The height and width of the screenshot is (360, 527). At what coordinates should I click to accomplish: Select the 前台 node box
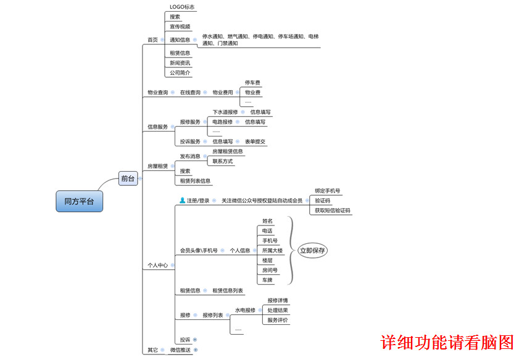pos(128,178)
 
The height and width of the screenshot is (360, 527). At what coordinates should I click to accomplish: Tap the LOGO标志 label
pos(182,7)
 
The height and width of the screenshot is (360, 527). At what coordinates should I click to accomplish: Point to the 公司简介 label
pos(180,73)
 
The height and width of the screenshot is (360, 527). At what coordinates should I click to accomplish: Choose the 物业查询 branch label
pos(157,93)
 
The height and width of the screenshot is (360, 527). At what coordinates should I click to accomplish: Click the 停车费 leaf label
pos(252,82)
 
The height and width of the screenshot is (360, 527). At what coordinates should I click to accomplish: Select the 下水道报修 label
pos(225,112)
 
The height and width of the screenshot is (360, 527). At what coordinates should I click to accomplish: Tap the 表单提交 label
pos(255,141)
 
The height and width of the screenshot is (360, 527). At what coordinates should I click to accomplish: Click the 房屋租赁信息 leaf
pos(227,151)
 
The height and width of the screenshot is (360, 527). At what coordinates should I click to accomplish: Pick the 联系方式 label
pos(222,161)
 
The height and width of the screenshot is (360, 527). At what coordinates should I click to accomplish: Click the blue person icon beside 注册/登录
pos(182,200)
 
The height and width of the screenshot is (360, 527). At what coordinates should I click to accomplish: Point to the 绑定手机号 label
pos(327,191)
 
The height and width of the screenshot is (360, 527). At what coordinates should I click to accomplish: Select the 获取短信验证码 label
pos(332,211)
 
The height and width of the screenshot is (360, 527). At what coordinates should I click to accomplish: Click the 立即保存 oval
pos(313,251)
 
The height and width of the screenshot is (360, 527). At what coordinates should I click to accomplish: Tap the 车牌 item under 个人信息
pos(267,280)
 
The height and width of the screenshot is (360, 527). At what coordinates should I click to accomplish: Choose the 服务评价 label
pos(277,320)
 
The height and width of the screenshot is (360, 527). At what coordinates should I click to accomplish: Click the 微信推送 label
pos(180,350)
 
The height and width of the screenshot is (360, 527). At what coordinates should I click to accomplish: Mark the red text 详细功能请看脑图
pos(447,342)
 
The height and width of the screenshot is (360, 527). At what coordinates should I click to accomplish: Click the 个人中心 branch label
pos(157,266)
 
